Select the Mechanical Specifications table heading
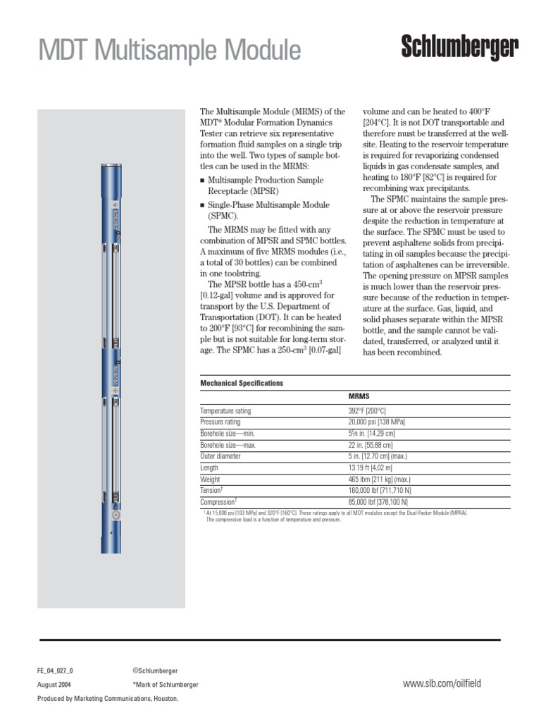tap(242, 383)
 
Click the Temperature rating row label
tap(225, 410)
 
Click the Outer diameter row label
tap(220, 456)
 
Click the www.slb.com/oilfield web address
tap(442, 683)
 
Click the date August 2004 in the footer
tap(54, 685)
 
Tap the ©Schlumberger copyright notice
tap(155, 671)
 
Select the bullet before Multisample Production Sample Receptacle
tap(202, 180)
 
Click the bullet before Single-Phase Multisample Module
tap(202, 205)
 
